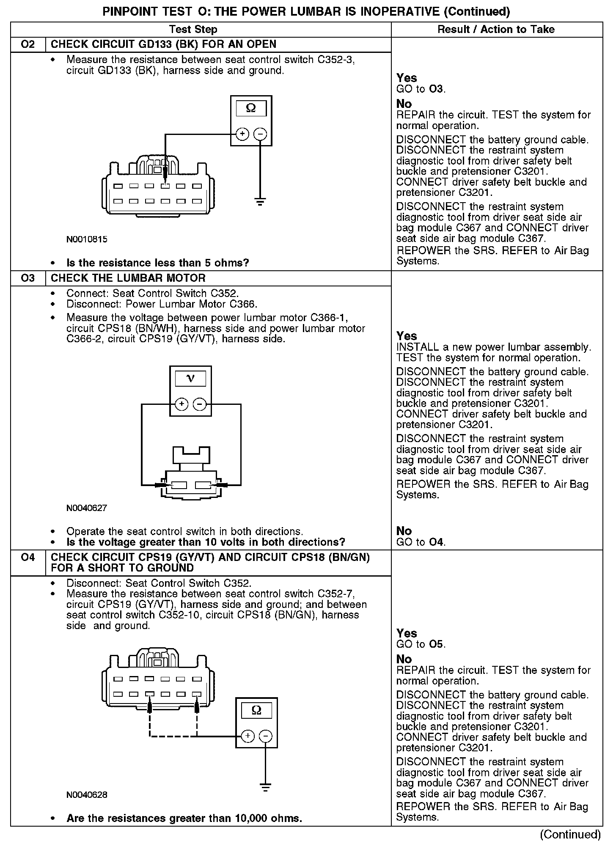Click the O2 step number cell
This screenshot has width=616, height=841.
[x=28, y=44]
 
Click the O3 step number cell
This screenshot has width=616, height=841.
[x=28, y=278]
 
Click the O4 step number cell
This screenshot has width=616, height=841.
[x=28, y=558]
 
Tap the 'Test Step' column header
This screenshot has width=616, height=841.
[x=193, y=29]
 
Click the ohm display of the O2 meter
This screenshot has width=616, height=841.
[x=251, y=108]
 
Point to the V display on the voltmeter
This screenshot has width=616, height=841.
[x=190, y=378]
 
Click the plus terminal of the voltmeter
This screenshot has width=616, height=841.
[x=181, y=404]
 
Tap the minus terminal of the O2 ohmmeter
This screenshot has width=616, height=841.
[x=260, y=134]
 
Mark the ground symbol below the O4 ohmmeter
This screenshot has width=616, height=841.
[x=266, y=787]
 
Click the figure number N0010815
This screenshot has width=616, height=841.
[x=87, y=239]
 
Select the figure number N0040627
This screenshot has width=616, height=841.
[x=87, y=508]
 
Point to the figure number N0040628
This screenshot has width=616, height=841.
[x=87, y=795]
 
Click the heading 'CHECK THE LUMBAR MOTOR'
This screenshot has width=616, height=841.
[x=128, y=278]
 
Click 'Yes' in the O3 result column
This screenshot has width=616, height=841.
[x=407, y=336]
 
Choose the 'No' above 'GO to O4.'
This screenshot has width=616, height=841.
[x=404, y=531]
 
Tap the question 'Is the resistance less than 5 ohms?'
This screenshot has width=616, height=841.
[x=158, y=263]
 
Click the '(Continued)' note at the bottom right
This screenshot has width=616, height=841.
[x=570, y=834]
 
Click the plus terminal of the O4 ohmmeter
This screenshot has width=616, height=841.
[x=248, y=737]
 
